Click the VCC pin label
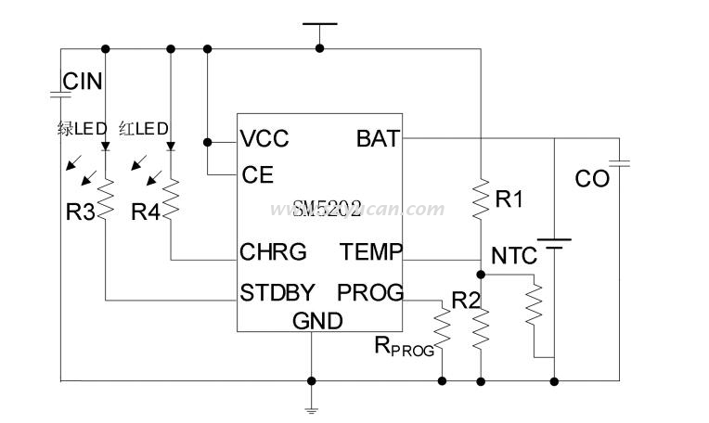(x=264, y=139)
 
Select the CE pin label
(x=257, y=174)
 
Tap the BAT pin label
(x=378, y=139)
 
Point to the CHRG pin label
(x=273, y=252)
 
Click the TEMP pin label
(x=371, y=252)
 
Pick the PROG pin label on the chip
(x=370, y=292)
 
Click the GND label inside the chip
(x=317, y=321)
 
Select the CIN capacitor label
(x=83, y=82)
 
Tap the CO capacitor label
(x=592, y=178)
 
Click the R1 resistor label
(x=509, y=198)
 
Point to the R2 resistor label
(x=466, y=300)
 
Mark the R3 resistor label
(x=80, y=212)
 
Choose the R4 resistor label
(x=146, y=212)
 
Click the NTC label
(x=513, y=255)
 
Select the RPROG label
(x=404, y=346)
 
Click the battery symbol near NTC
(x=554, y=245)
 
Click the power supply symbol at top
(x=320, y=26)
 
